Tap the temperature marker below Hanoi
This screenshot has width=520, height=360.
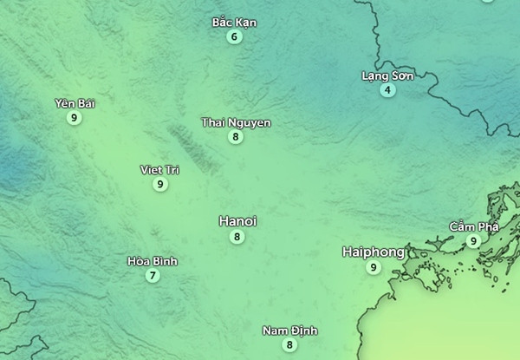(x=237, y=236)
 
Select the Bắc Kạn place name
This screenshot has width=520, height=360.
(x=233, y=22)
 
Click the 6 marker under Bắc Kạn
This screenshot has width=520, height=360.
(x=233, y=37)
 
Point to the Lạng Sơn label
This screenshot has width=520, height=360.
(x=387, y=75)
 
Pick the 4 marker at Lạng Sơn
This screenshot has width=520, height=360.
(x=387, y=90)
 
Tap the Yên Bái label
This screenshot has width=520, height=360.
(x=75, y=103)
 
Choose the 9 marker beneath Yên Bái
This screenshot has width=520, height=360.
(x=75, y=118)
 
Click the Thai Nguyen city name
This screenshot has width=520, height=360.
(x=236, y=122)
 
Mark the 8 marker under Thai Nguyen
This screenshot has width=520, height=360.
(x=236, y=137)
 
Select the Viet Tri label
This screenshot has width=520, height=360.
(x=159, y=169)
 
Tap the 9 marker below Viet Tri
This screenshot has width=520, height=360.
(x=159, y=184)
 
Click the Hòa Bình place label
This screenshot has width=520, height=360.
(x=153, y=261)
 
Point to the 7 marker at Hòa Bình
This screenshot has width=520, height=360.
(x=153, y=276)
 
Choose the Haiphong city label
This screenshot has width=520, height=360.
(x=374, y=252)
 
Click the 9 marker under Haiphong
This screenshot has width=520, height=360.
(x=374, y=268)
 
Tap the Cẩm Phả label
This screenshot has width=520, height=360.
(x=473, y=226)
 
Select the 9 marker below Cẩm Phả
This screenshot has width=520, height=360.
(x=473, y=241)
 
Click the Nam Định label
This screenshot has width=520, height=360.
(x=289, y=331)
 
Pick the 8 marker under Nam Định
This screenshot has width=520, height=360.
(x=289, y=345)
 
